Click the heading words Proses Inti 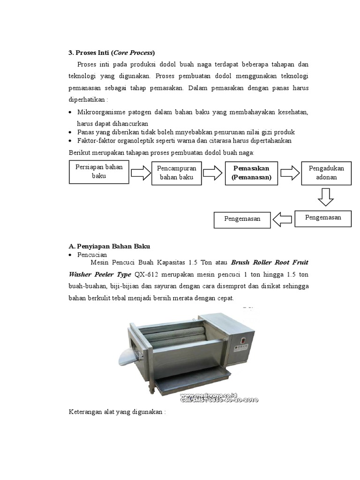(90, 52)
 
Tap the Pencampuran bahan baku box (176, 172)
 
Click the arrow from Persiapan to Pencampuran (139, 173)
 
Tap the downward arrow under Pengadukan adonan (325, 196)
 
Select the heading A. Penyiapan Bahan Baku (109, 246)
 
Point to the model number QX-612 (147, 274)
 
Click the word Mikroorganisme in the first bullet (104, 112)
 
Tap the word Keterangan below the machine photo (86, 412)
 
